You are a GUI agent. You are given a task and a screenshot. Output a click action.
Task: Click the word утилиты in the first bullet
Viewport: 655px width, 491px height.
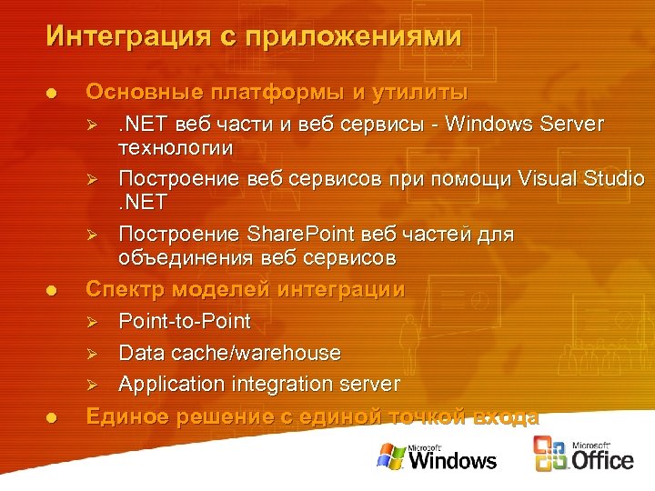[416, 93]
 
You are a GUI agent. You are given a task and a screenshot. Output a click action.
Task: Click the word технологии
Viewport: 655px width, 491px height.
[176, 146]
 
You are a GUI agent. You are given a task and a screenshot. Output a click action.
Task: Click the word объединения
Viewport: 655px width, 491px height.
[186, 258]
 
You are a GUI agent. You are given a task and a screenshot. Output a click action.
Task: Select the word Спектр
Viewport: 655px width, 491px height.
[125, 290]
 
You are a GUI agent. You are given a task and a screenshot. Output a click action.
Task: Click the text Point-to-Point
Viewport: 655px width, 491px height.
[185, 321]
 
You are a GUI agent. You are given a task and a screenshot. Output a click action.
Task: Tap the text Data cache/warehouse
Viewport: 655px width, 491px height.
[230, 353]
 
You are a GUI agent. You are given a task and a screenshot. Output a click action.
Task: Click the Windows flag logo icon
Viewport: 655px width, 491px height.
[390, 456]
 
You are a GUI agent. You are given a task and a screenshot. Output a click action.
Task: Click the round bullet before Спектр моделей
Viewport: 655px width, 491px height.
[52, 291]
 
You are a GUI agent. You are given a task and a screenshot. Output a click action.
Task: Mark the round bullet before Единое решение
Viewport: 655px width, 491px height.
[52, 417]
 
